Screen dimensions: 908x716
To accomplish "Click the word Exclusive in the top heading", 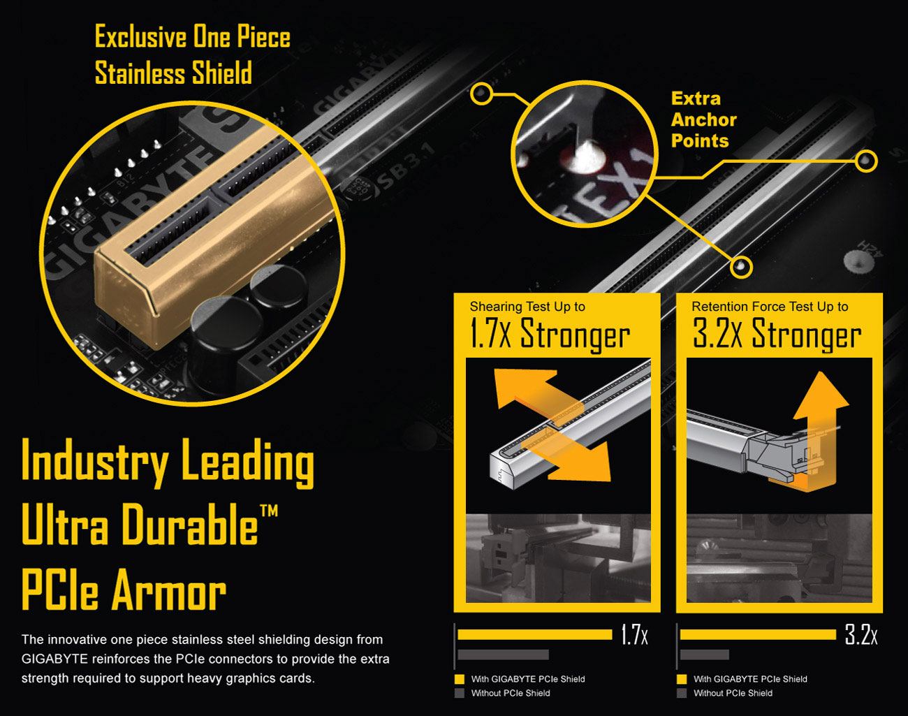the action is tap(140, 37).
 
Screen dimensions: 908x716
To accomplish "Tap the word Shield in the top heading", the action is tap(222, 73).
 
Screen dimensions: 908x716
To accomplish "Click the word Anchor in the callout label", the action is tap(704, 120).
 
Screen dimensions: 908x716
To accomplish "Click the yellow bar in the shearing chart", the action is tap(534, 634).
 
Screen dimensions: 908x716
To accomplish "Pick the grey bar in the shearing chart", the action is tap(503, 655).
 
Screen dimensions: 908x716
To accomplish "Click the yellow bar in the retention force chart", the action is tap(758, 634).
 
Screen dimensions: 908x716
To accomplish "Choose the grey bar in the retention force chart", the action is tap(704, 655).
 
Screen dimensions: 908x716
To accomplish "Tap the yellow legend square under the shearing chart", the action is tap(460, 679).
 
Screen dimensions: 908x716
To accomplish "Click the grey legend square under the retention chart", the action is tap(682, 693).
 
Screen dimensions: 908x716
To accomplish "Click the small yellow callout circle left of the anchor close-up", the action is tap(481, 94).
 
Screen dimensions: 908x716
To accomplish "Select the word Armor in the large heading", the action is tap(169, 590).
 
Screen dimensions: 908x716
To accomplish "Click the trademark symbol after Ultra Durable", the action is tap(269, 511).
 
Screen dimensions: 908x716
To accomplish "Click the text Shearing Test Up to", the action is tap(527, 307).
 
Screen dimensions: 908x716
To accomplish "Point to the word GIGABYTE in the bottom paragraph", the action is tap(55, 659).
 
